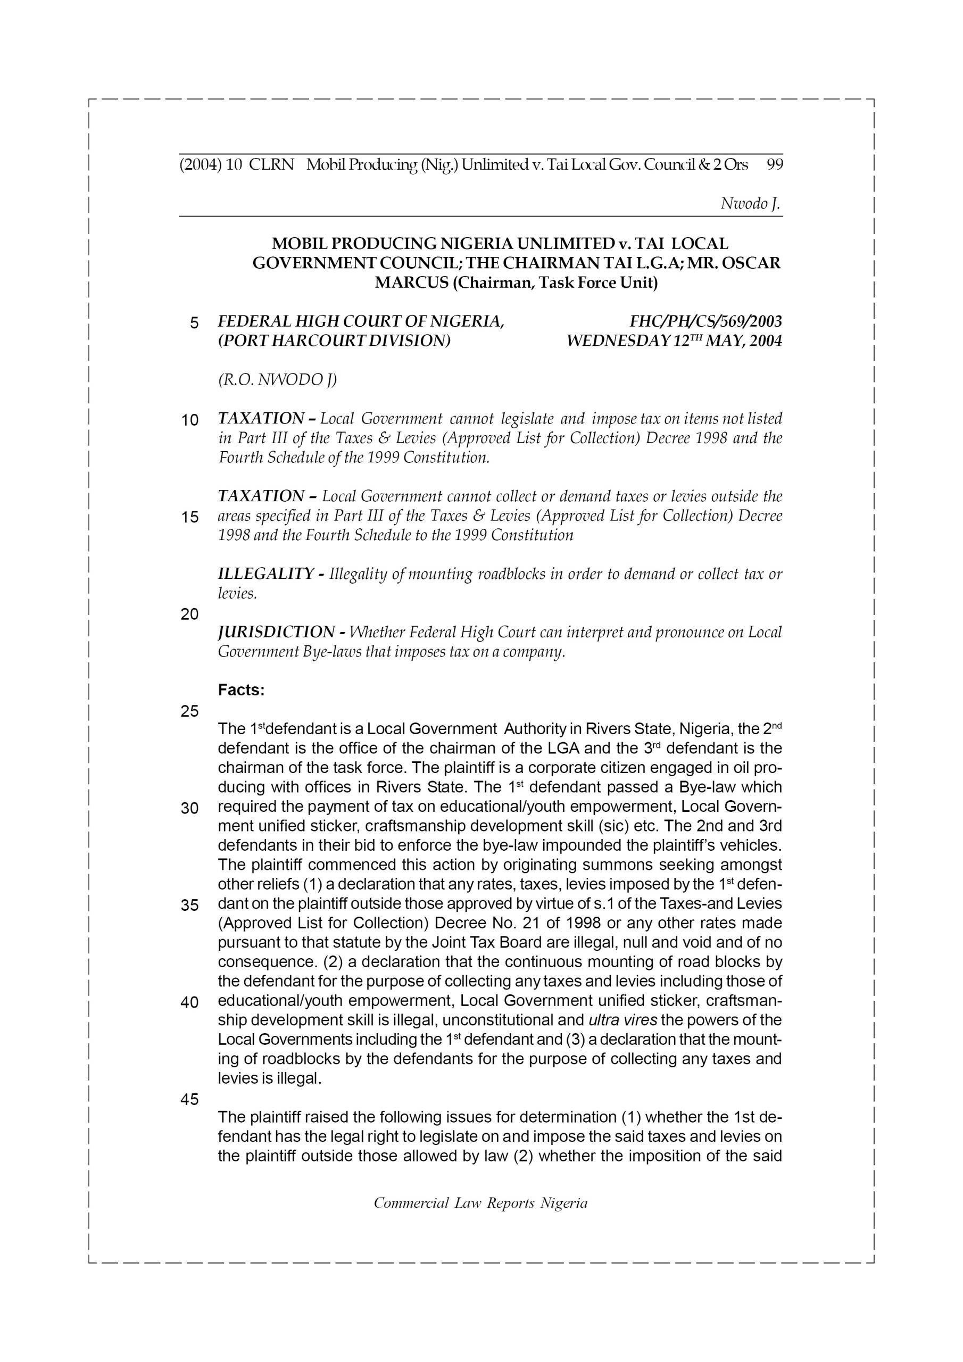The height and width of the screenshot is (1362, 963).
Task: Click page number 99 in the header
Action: click(774, 164)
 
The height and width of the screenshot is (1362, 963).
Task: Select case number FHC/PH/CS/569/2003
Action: click(705, 321)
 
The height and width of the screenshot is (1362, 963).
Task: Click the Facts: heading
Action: click(241, 690)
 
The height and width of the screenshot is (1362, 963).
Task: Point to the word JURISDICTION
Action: click(276, 633)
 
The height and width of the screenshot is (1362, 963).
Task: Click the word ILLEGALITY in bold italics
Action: click(265, 574)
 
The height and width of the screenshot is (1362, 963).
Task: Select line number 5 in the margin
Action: click(194, 323)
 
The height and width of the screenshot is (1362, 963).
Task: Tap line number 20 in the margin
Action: click(190, 614)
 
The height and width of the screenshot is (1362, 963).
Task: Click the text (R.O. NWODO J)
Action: click(277, 380)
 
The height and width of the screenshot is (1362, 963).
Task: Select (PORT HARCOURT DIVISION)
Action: click(334, 341)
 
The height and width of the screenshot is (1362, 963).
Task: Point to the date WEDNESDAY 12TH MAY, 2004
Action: click(674, 341)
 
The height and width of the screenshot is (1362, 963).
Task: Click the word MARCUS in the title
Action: click(411, 283)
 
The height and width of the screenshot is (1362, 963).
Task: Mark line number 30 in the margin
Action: click(190, 809)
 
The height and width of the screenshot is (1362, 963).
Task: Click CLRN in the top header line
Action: click(271, 164)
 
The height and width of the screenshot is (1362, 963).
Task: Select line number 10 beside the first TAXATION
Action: click(190, 421)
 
